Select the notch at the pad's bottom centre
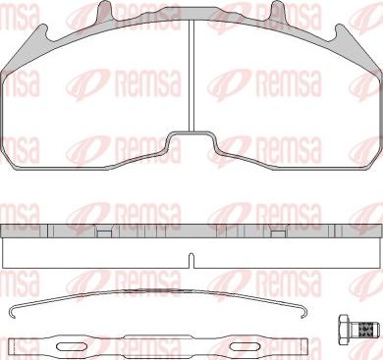point(191,144)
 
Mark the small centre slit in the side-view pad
point(191,260)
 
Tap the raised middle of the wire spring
point(157,294)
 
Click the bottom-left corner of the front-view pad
point(8,152)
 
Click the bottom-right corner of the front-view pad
point(375,152)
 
